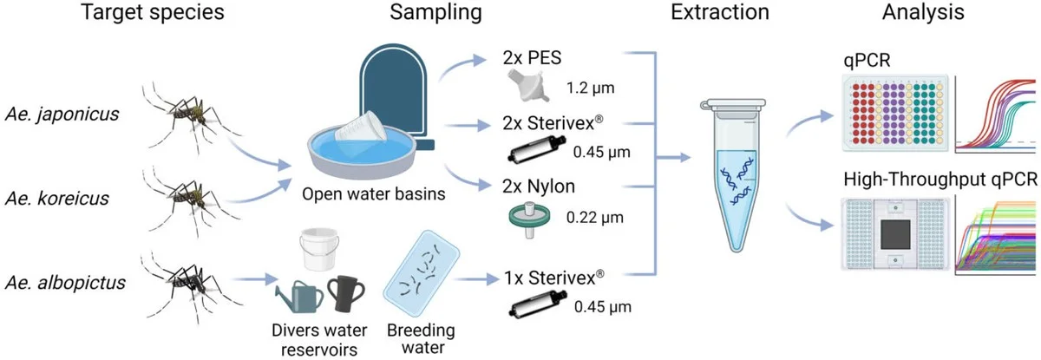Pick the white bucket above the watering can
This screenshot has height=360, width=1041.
318,249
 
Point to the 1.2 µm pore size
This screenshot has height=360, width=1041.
589,88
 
